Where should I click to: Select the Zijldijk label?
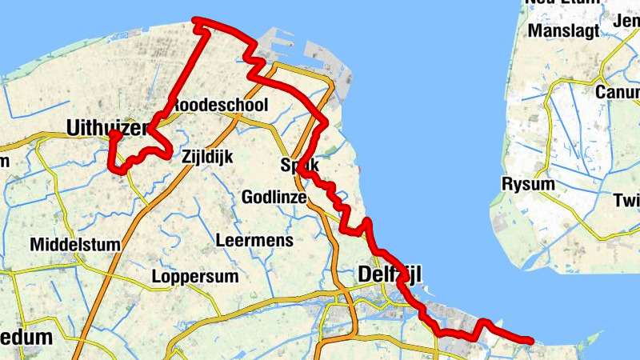(x=207, y=157)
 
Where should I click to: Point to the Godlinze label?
(x=274, y=197)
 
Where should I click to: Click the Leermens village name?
(x=254, y=240)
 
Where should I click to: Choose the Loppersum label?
(x=195, y=278)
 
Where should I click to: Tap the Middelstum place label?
(x=75, y=244)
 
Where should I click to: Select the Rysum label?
(x=527, y=185)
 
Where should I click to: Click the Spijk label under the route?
(x=300, y=165)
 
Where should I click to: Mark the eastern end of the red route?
(x=529, y=341)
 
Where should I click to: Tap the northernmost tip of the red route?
(x=197, y=21)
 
